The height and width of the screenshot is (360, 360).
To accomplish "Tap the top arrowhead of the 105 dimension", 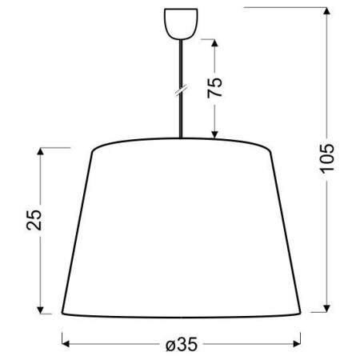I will (x=330, y=10).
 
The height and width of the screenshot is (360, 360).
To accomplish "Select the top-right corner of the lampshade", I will (x=270, y=150).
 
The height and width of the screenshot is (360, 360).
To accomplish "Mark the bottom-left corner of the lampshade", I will (x=62, y=313).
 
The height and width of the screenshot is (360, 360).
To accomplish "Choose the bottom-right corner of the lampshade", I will (x=300, y=313).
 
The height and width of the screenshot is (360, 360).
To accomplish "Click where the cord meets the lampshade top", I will (x=181, y=140).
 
